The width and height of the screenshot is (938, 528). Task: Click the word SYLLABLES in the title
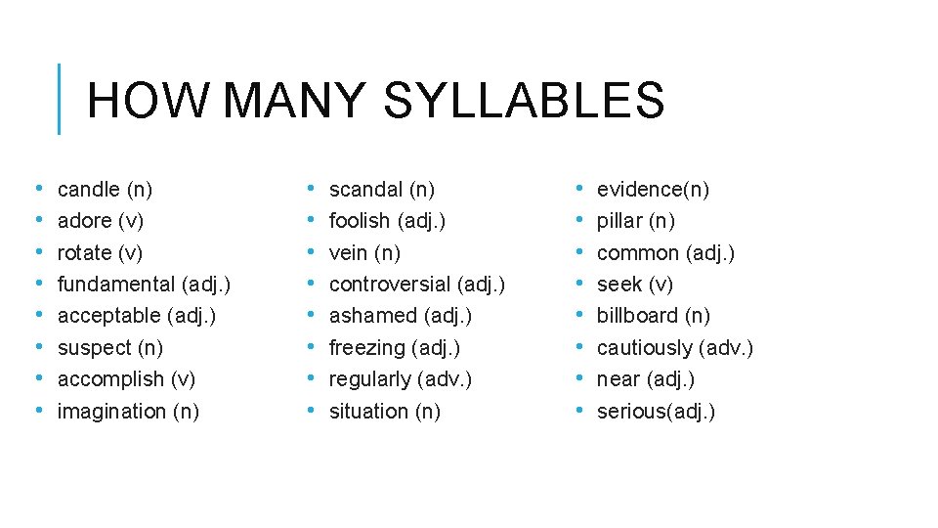524,100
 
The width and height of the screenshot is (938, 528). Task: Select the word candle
88,189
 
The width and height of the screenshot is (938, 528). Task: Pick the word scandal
365,189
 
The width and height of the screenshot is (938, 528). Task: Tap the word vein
349,252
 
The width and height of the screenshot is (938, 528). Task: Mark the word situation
369,411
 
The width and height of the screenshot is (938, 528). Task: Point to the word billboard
637,315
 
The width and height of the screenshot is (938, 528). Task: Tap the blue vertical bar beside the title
60,99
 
